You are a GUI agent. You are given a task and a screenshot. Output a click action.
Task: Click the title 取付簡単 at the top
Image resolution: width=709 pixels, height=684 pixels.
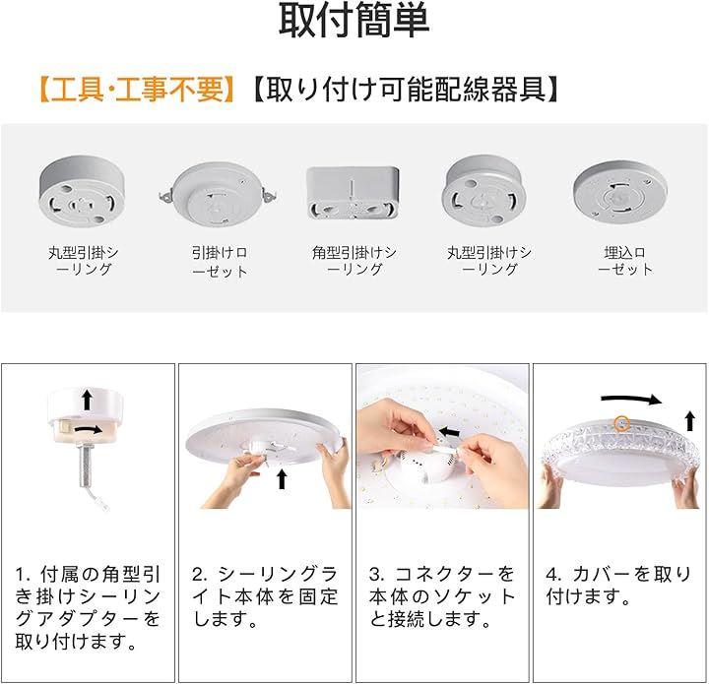click(x=354, y=21)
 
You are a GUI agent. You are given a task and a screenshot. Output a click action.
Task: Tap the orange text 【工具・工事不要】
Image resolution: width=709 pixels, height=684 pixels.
click(x=136, y=90)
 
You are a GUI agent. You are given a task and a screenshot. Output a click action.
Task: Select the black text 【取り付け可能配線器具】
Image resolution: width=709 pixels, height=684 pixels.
click(x=406, y=90)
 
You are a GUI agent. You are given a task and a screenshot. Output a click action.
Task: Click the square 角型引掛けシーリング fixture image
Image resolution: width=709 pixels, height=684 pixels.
click(x=353, y=193)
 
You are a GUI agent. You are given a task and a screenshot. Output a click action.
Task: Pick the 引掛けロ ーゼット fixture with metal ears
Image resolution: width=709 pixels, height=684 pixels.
click(x=218, y=195)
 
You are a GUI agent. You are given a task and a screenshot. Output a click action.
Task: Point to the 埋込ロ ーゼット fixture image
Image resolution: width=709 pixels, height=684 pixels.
click(x=620, y=193)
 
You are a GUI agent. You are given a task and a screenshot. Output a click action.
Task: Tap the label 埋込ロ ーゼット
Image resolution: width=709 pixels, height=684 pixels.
click(x=625, y=261)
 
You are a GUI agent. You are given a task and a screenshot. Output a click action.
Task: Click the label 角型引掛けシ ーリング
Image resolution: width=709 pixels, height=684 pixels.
click(x=354, y=261)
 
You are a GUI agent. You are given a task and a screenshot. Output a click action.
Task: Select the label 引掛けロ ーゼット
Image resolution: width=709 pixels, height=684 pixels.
click(x=220, y=262)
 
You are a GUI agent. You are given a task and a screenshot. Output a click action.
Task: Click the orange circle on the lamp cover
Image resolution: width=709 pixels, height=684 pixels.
click(x=622, y=423)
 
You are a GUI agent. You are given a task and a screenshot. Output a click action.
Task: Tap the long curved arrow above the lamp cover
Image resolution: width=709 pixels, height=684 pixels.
click(x=631, y=399)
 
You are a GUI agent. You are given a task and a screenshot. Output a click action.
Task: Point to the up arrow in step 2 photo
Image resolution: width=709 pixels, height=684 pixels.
click(x=282, y=479)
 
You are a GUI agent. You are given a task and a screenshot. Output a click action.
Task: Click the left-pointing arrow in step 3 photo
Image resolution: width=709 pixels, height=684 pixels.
click(x=449, y=432)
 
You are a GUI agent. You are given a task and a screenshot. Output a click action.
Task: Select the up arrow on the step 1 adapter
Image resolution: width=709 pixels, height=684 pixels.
click(x=88, y=401)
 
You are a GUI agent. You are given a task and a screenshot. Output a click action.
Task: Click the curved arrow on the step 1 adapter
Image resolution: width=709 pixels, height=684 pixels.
click(x=89, y=430)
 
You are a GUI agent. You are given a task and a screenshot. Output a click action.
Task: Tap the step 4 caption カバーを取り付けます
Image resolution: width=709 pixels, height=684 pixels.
click(x=618, y=586)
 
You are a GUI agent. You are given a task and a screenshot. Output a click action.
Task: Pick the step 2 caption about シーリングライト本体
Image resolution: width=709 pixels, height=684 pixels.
click(x=265, y=596)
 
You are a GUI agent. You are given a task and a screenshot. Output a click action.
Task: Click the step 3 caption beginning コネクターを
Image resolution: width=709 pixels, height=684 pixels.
click(x=442, y=596)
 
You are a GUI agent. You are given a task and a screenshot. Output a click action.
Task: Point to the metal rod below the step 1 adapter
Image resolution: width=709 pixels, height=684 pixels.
click(x=87, y=466)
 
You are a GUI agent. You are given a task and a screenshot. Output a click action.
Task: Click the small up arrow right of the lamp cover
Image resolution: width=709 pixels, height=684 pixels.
click(x=689, y=420)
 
